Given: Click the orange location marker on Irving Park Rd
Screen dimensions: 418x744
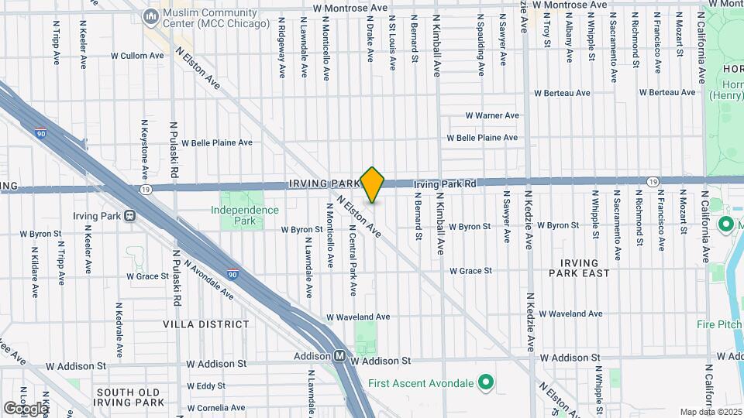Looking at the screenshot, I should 373,184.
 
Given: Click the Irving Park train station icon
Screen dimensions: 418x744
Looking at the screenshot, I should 129,214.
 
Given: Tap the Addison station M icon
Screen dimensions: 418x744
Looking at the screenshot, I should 339,357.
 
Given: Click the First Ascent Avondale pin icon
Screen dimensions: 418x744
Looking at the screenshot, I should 486,382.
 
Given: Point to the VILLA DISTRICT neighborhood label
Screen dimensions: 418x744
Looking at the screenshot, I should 206,324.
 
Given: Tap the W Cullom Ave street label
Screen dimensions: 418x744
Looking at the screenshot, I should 137,56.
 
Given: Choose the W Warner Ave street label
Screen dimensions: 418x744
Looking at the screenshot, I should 492,115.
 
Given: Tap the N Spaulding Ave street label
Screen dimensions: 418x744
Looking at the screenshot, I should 480,45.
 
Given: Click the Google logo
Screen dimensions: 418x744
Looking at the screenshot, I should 25,408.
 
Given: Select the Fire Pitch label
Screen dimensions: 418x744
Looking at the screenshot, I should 718,324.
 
